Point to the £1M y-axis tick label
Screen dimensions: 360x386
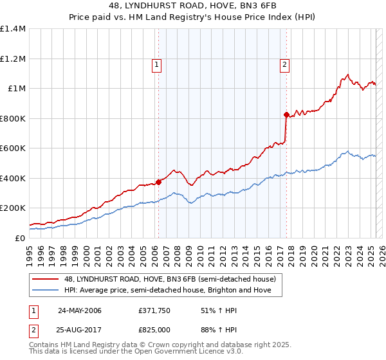17,89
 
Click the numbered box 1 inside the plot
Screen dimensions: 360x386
158,64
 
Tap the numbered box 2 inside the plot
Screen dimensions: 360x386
284,64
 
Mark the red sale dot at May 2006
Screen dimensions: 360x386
158,182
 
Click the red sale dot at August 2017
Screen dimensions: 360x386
286,114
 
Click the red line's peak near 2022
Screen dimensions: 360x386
347,75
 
